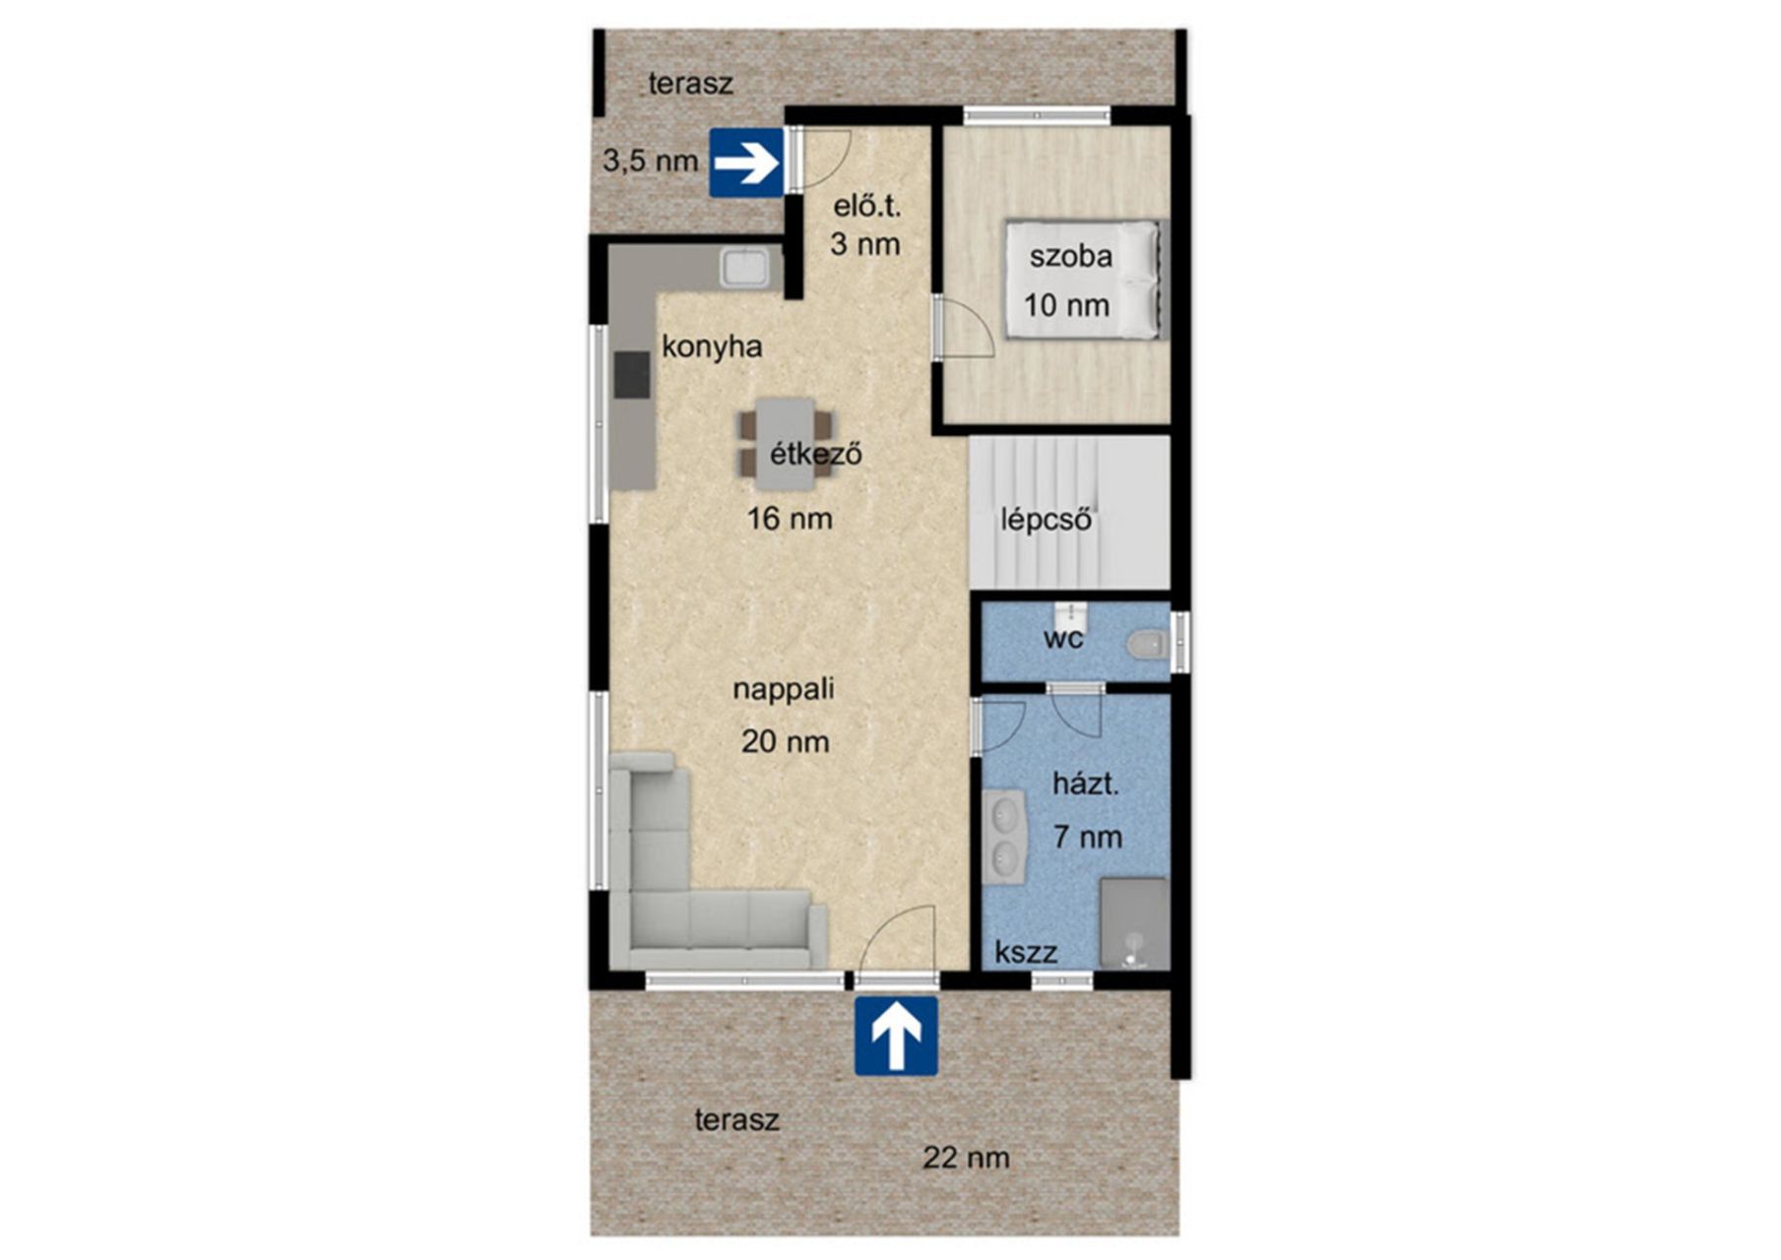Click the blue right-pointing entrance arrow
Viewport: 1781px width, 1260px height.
[746, 162]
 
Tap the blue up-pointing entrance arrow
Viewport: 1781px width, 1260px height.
[896, 1036]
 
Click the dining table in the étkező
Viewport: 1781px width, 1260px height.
[786, 443]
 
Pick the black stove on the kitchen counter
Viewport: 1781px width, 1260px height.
[632, 374]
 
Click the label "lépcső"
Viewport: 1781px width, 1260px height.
[1047, 519]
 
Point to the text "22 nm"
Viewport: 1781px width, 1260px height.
[966, 1158]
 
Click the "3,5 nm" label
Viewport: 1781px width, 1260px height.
[651, 160]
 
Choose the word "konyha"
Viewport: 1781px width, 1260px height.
[712, 346]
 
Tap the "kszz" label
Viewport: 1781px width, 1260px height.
[1026, 952]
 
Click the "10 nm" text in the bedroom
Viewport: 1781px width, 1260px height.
[1066, 305]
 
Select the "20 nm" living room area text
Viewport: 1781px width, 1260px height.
[785, 741]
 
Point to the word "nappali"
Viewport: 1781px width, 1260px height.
[784, 689]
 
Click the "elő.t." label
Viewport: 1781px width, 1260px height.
[867, 207]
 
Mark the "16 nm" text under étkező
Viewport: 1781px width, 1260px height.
[790, 518]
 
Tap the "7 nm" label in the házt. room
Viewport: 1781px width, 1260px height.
[1087, 837]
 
